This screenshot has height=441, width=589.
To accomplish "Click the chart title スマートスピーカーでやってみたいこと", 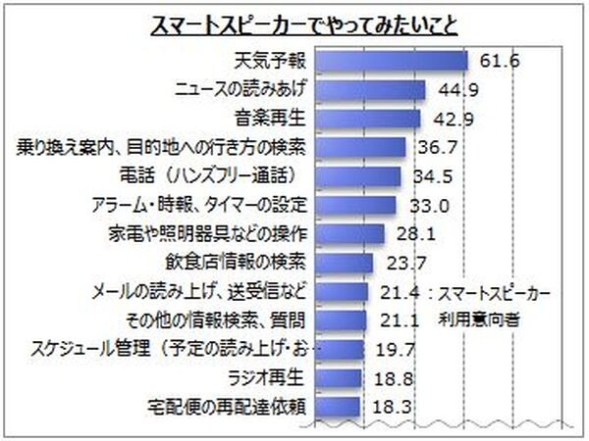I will (294, 24).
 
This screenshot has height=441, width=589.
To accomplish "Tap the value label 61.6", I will (499, 61).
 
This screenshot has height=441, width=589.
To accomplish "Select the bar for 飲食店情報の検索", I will (346, 263).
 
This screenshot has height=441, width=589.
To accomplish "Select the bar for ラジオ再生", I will (340, 377).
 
